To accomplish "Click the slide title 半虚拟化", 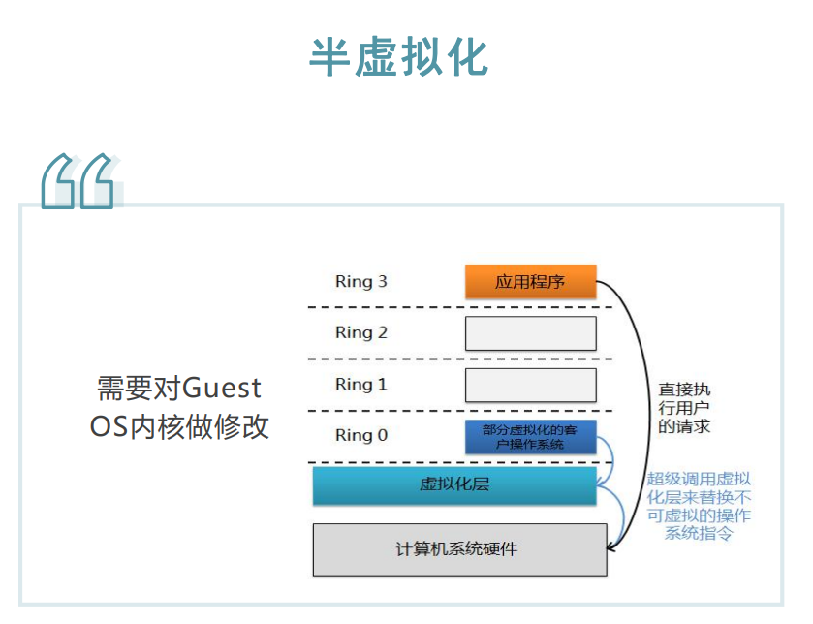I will pos(399,58).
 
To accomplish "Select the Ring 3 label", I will pos(360,282).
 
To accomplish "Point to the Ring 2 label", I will pos(360,332).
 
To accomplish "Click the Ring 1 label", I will pos(360,385).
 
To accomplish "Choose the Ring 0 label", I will pos(360,435).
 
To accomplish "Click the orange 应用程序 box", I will pos(530,282).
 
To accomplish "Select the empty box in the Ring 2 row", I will pos(530,333).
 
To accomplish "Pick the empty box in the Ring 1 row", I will pos(530,385).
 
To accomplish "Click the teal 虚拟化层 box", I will pos(453,484).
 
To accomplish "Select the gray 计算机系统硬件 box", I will pos(459,549).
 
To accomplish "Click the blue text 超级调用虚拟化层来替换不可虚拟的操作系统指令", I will pos(698,505).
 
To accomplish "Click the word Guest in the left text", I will pos(222,389).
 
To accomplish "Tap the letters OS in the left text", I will pos(109,426).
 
